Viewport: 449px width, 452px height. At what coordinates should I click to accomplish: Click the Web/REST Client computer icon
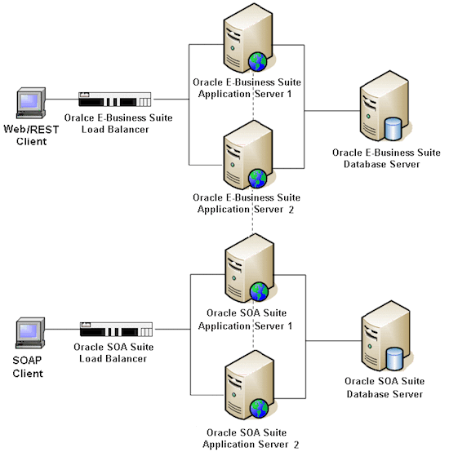point(30,104)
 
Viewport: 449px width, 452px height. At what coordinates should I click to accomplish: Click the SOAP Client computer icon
point(30,335)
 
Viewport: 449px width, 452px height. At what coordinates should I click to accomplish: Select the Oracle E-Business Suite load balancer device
point(115,100)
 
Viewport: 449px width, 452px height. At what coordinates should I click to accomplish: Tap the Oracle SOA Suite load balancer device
point(115,330)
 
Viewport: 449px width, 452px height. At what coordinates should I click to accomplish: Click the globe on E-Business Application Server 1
point(258,61)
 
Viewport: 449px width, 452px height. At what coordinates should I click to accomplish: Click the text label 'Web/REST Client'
point(30,135)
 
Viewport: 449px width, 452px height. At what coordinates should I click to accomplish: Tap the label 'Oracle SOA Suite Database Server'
point(383,388)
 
